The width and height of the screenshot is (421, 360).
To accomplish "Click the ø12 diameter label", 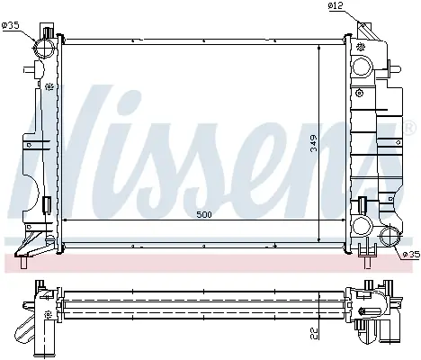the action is click(336, 6).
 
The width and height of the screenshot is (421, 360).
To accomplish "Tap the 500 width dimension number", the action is click(204, 214).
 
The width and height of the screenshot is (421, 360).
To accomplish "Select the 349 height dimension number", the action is click(313, 143).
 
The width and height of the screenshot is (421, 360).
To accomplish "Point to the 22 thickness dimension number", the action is click(314, 333).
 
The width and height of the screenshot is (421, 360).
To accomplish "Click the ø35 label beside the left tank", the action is click(10, 25).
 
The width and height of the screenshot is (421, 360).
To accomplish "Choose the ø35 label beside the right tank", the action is click(411, 255).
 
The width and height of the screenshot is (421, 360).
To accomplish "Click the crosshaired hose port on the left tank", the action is click(44, 48).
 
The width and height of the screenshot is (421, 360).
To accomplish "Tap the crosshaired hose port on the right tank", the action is click(390, 236).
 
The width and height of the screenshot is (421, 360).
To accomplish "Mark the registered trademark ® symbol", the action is click(410, 128).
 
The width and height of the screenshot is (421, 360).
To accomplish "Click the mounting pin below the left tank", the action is click(23, 263).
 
